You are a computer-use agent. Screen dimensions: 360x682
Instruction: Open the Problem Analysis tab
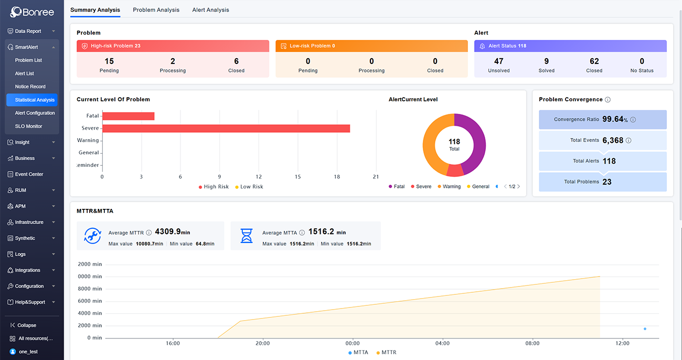156,10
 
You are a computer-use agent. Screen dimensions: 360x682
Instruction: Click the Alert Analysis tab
210,10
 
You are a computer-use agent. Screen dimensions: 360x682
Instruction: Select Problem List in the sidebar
28,60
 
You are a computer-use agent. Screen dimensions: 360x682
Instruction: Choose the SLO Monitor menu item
28,126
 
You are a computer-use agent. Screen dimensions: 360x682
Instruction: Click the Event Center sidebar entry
29,174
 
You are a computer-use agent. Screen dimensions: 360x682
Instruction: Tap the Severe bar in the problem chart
226,129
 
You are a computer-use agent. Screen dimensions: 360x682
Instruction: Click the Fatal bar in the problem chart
128,116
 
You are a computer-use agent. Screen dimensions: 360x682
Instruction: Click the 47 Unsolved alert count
498,61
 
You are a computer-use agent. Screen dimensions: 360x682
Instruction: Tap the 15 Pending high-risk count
109,61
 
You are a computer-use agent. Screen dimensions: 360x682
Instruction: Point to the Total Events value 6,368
613,140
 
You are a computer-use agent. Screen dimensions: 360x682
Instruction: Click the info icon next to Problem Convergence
608,100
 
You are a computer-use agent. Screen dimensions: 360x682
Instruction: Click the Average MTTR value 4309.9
168,231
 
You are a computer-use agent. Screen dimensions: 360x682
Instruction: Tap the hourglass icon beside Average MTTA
247,236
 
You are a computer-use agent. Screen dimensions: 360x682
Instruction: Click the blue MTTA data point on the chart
645,329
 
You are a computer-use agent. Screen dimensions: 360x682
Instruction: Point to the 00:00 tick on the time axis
353,343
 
